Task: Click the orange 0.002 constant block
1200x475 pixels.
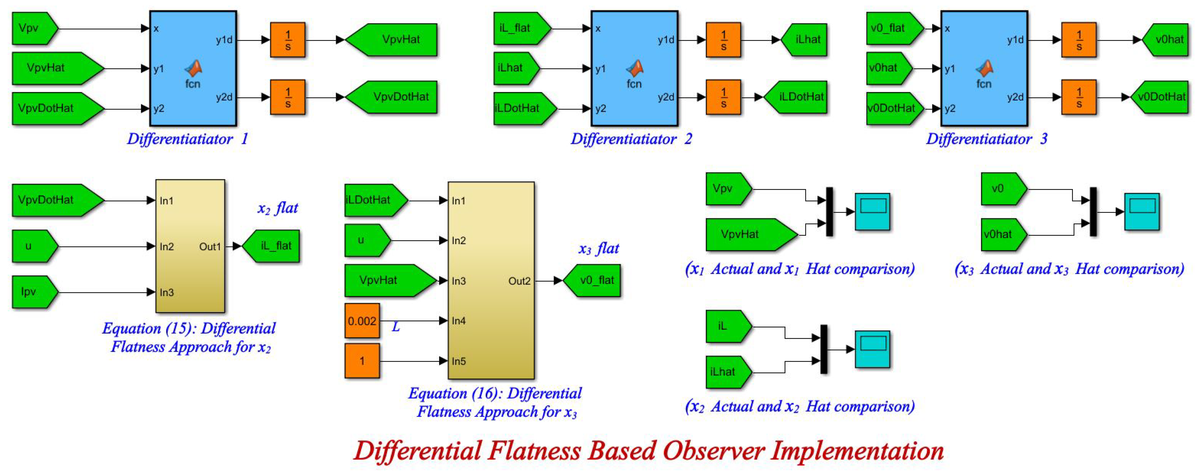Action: click(x=362, y=321)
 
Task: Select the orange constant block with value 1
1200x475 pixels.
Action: click(x=362, y=360)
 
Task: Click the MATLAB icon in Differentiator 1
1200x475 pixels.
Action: click(x=193, y=69)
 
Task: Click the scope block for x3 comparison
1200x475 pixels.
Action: click(x=1142, y=211)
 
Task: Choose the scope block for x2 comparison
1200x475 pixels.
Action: click(x=873, y=349)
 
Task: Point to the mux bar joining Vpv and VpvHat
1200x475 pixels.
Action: click(x=829, y=211)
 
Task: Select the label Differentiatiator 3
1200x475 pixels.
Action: click(x=986, y=139)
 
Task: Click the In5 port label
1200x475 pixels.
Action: click(x=459, y=361)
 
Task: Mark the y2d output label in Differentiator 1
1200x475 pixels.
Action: click(x=224, y=97)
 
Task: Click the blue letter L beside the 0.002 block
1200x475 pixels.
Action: click(x=396, y=327)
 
